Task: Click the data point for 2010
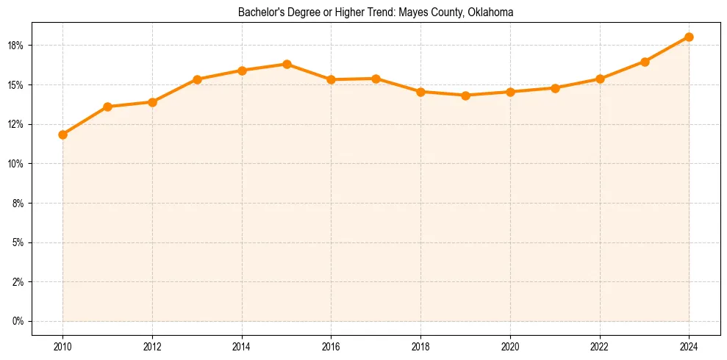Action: tap(62, 134)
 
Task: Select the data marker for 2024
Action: tap(689, 37)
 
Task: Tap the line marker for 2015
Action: tap(287, 64)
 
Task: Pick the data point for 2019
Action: tap(465, 95)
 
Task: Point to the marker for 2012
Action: tap(152, 102)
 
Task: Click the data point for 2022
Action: tap(600, 79)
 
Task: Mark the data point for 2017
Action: tap(376, 79)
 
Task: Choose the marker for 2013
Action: tap(197, 79)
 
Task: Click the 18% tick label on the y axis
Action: tap(16, 46)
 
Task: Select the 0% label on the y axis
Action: tap(18, 321)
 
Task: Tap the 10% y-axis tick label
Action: tap(16, 164)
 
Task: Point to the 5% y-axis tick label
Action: tap(18, 242)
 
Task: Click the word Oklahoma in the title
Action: tap(490, 12)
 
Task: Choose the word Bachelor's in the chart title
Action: tap(259, 12)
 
